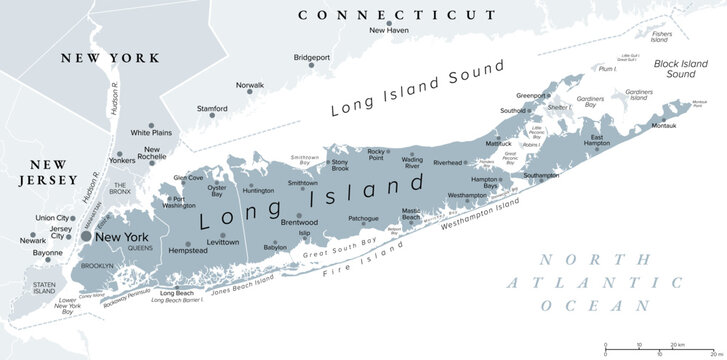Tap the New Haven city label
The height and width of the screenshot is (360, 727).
tap(390, 31)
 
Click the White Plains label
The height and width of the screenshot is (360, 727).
tap(153, 131)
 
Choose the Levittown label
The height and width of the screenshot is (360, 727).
tap(222, 243)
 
